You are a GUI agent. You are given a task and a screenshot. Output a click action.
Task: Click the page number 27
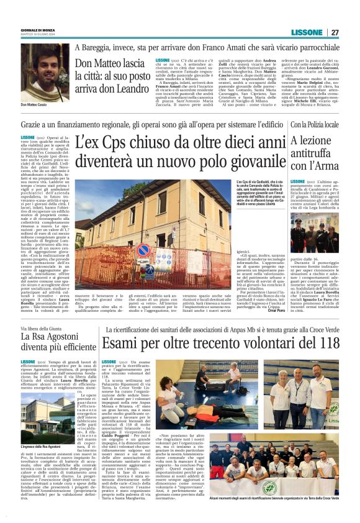point(335,32)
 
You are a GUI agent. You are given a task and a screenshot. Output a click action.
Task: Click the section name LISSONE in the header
point(307,32)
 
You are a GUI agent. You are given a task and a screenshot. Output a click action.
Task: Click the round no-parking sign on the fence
point(143,250)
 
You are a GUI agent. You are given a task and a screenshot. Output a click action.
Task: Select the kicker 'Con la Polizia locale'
point(315,125)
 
